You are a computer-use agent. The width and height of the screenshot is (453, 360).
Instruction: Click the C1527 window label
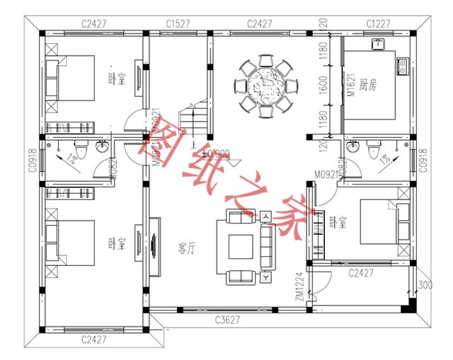pos(178,24)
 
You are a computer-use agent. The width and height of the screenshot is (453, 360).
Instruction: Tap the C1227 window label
pos(378,24)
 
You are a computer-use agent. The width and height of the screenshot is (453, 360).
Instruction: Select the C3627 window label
pos(227,320)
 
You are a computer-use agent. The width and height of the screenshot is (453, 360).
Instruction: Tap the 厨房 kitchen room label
pos(368,86)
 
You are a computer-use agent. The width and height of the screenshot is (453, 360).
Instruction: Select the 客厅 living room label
pos(187,248)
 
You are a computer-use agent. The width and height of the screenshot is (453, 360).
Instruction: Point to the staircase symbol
pos(194,119)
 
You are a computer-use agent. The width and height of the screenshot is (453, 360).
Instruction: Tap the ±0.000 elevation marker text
pos(216,153)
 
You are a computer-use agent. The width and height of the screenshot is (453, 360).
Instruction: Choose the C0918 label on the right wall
pos(424,161)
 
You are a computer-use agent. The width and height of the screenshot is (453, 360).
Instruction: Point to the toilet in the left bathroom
pos(80,149)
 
